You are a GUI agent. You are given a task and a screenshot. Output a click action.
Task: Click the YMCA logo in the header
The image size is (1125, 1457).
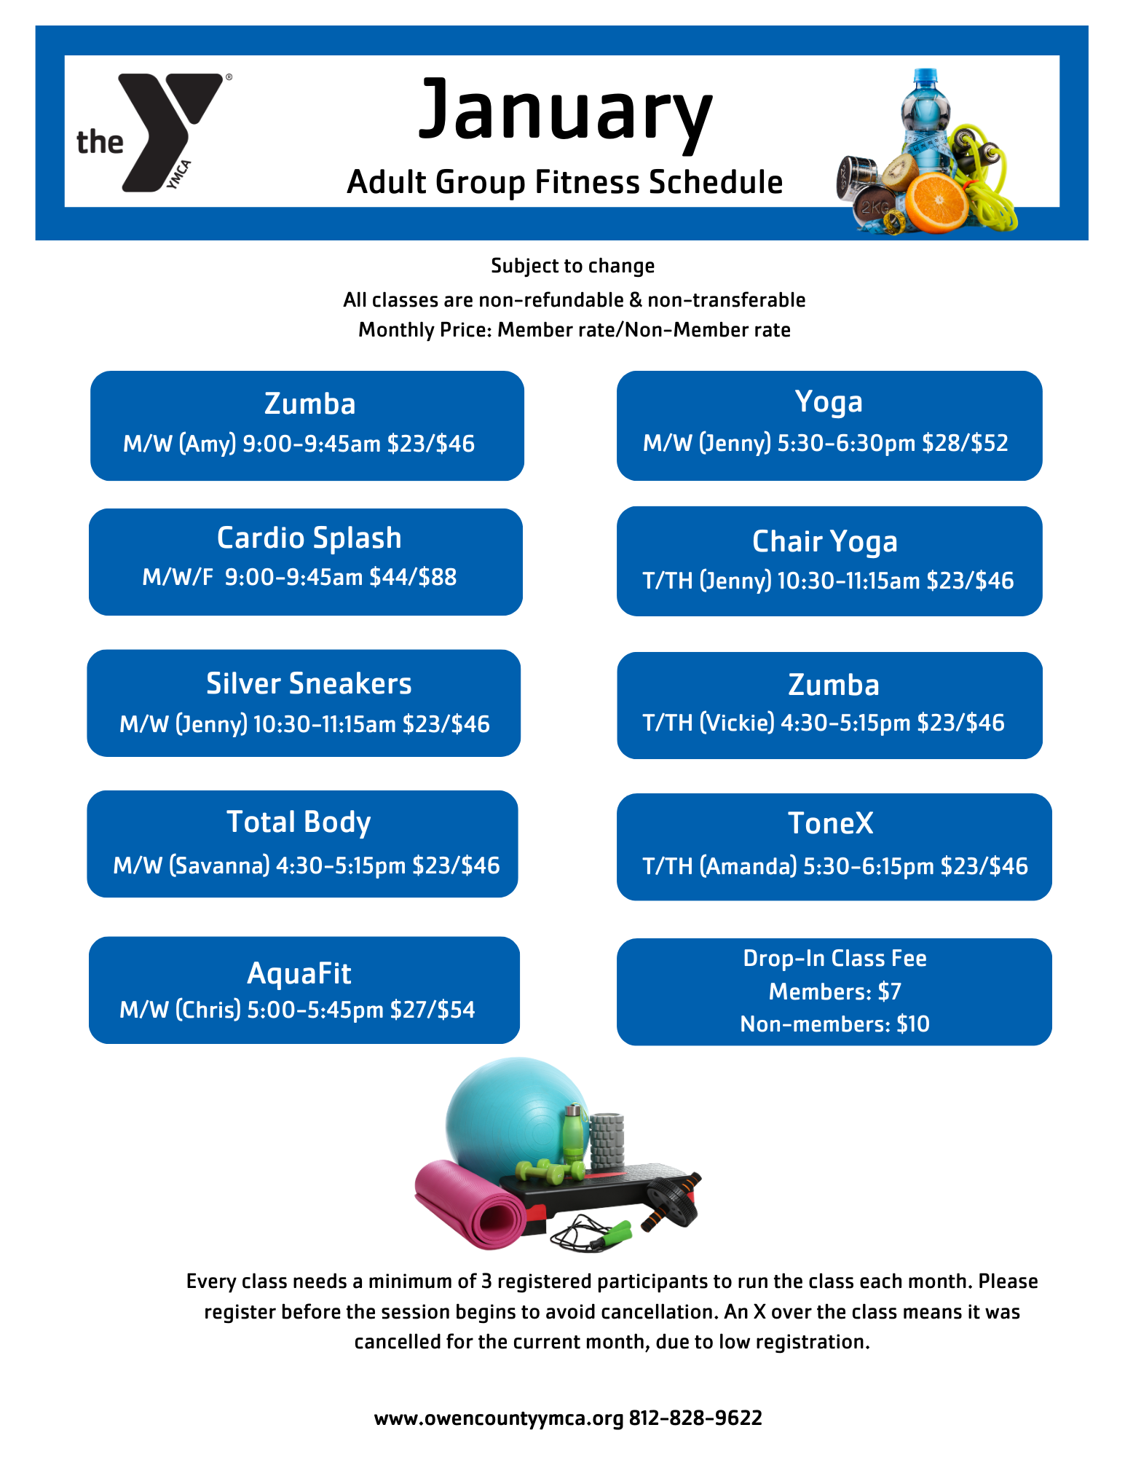point(154,132)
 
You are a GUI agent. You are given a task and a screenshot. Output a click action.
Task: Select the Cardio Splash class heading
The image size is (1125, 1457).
point(309,538)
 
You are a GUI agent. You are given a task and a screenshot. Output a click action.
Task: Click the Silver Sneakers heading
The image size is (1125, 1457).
point(309,684)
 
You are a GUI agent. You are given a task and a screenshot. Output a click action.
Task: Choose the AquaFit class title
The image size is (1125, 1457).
point(299,973)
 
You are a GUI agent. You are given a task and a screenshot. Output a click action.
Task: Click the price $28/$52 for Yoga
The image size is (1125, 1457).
point(965,443)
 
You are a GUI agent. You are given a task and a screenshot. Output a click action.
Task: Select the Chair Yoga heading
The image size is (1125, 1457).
point(824,542)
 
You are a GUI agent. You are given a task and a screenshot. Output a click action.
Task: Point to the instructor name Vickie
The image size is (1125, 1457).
point(737,723)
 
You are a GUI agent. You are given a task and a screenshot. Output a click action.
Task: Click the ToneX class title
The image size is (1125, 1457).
point(830,823)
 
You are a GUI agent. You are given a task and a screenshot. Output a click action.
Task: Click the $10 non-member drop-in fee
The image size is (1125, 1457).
point(913,1024)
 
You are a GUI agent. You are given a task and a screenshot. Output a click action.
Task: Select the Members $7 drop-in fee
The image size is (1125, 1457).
point(835,991)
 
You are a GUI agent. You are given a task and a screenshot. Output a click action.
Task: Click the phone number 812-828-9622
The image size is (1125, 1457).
point(695,1418)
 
